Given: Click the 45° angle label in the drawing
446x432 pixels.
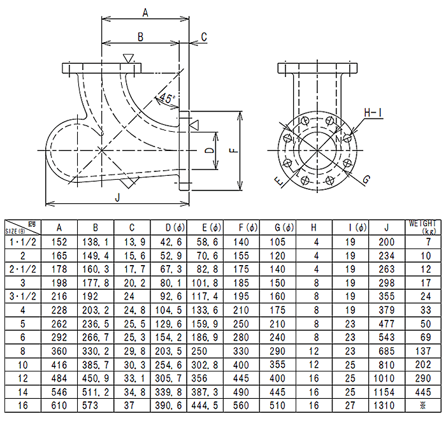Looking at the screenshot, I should (166, 99).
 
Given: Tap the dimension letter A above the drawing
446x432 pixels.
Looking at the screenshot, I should (145, 12).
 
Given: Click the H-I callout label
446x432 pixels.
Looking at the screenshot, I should (373, 113).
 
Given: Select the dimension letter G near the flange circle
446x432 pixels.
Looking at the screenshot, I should (366, 180).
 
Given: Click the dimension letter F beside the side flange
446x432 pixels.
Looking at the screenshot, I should (233, 151).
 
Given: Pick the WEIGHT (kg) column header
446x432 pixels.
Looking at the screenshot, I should (422, 227).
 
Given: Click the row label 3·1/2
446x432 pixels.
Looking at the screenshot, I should (23, 296).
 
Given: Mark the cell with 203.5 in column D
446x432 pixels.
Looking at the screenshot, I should (169, 351).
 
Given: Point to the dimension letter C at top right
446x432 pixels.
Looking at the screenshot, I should (204, 38).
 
